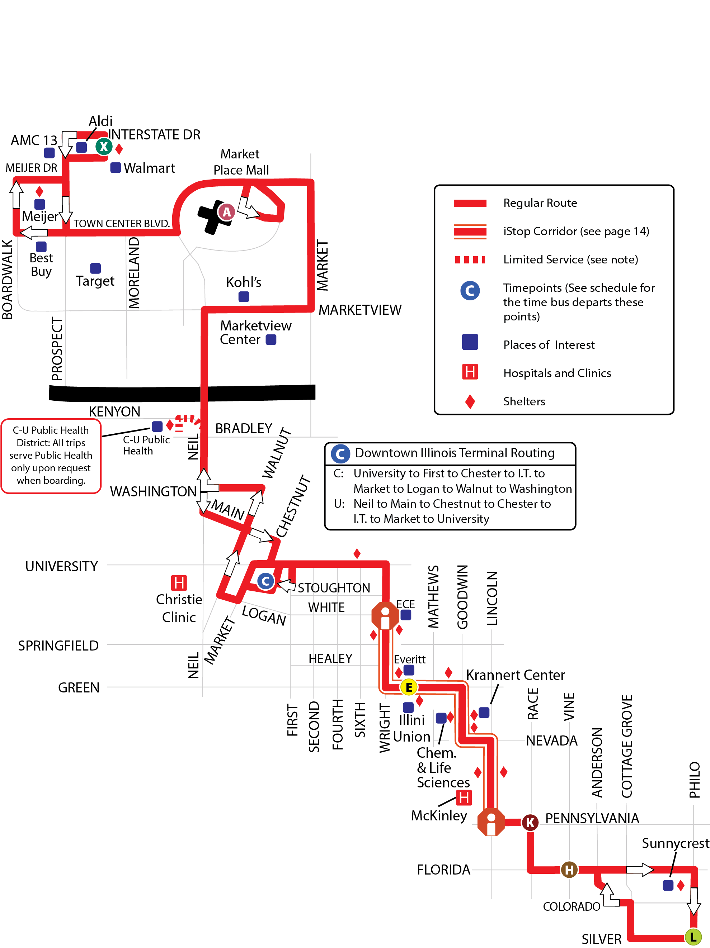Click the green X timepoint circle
click(104, 147)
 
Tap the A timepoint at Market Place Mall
click(226, 212)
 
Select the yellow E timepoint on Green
click(409, 687)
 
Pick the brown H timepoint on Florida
click(569, 870)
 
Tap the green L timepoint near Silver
click(693, 937)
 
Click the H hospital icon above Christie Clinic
click(179, 583)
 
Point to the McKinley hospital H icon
click(464, 798)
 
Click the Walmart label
click(149, 168)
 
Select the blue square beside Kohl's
click(244, 296)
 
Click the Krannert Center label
click(515, 675)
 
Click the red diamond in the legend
click(470, 401)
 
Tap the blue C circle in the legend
click(470, 291)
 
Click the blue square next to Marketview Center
click(271, 340)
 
